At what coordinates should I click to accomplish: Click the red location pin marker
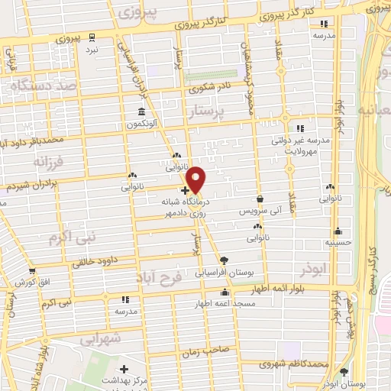click(x=196, y=179)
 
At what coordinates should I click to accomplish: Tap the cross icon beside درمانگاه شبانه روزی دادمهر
click(x=185, y=190)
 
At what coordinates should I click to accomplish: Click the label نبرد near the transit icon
click(x=92, y=49)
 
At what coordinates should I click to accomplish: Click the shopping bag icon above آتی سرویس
click(x=260, y=199)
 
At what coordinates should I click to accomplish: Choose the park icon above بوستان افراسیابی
click(x=222, y=260)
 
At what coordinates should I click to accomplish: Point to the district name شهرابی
click(x=101, y=338)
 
